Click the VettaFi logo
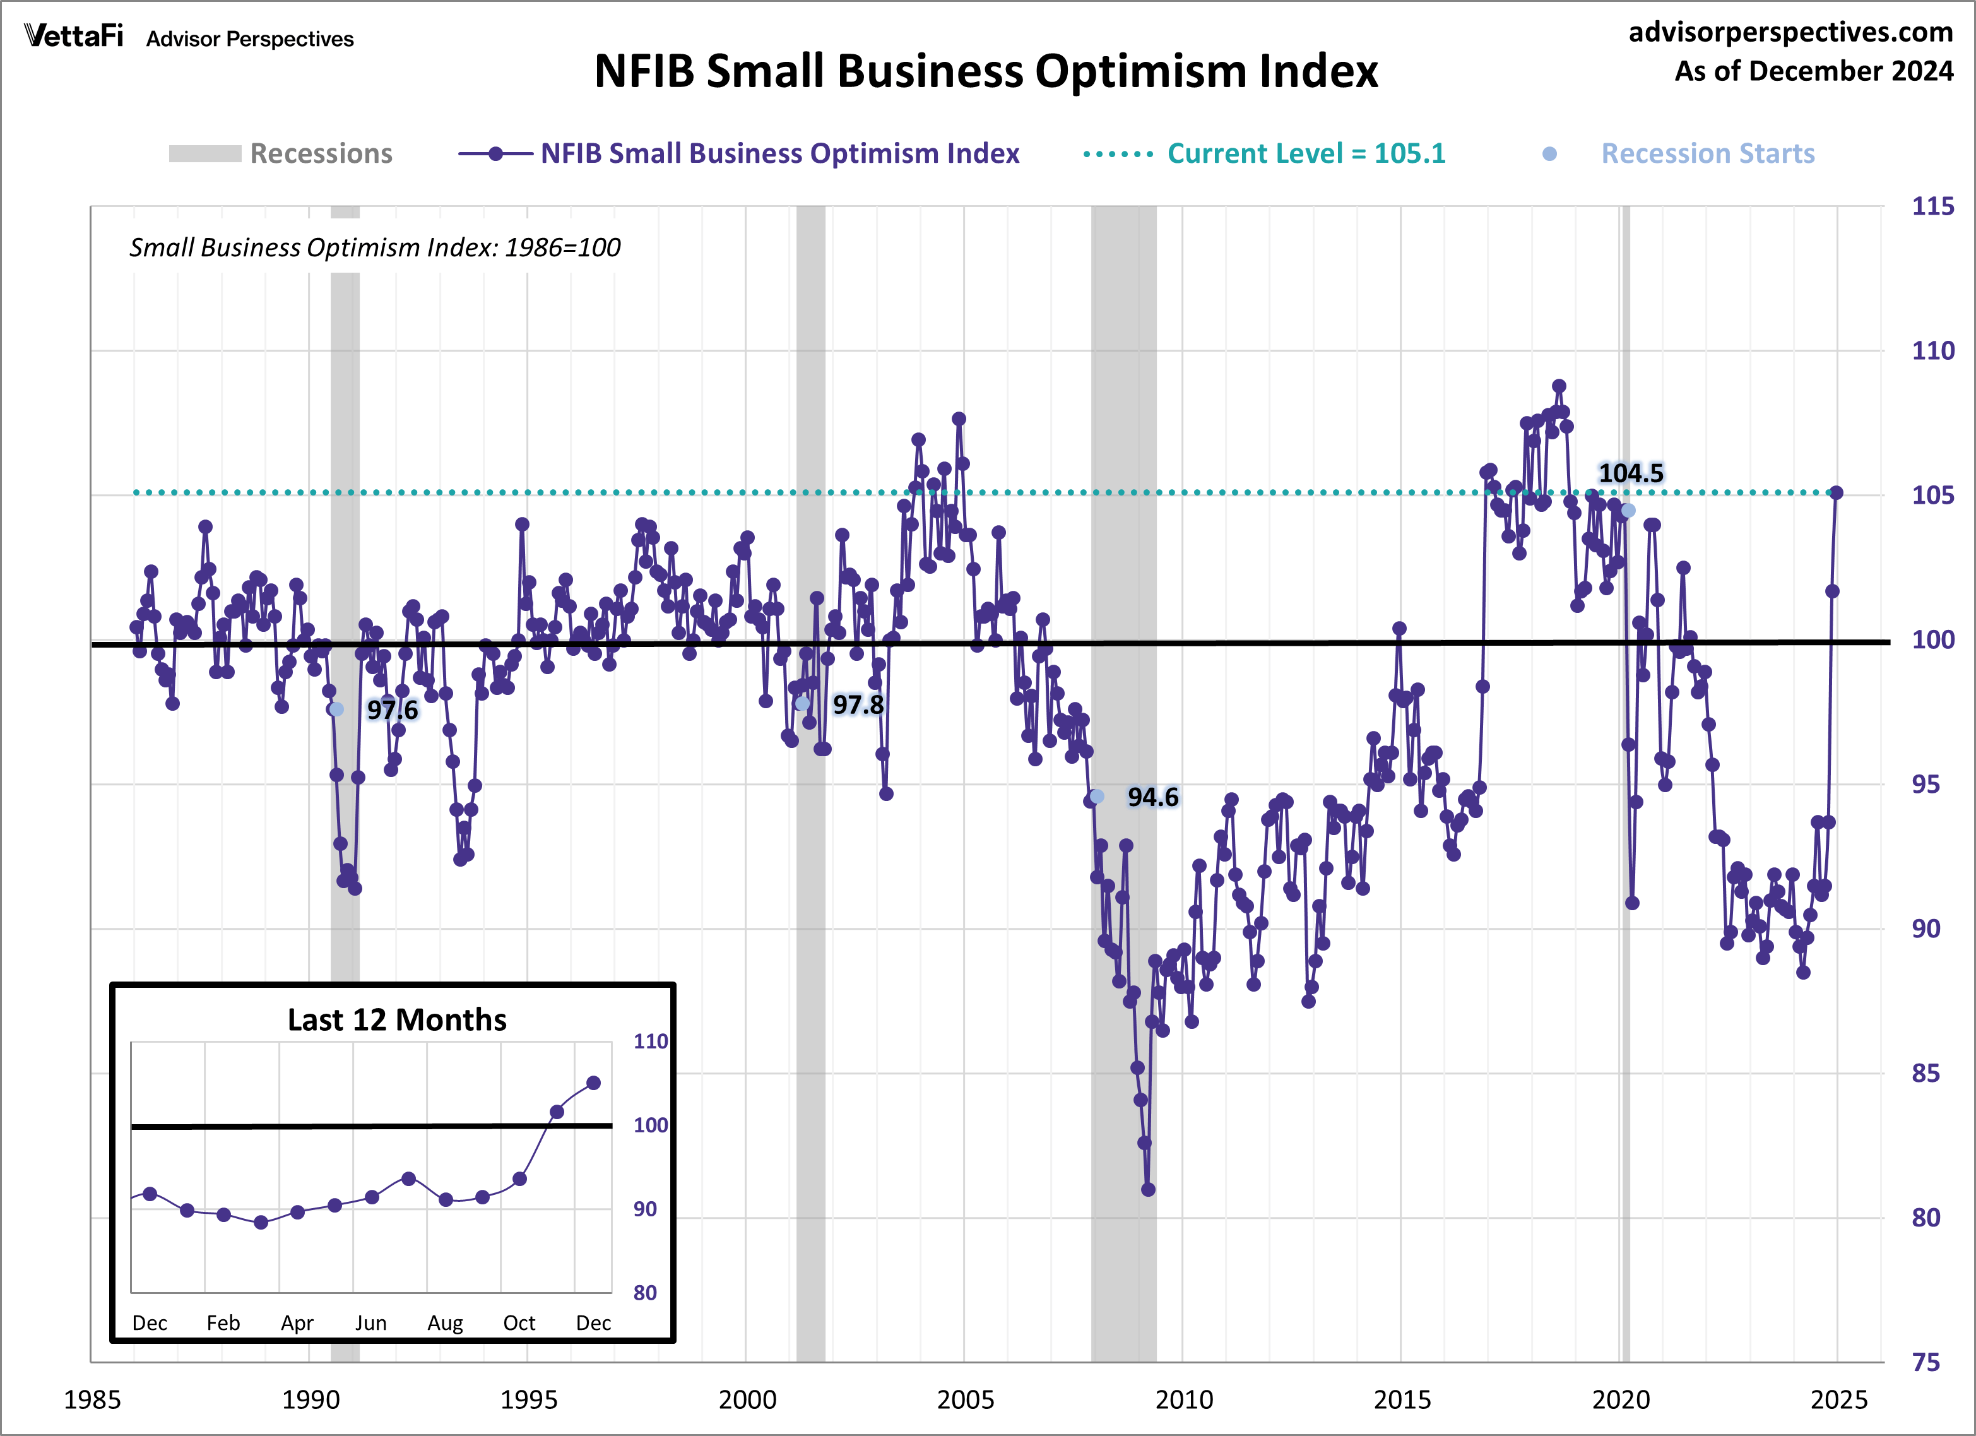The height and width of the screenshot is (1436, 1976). [74, 36]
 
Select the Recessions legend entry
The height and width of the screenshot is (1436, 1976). [281, 153]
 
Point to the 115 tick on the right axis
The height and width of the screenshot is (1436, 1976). [1932, 206]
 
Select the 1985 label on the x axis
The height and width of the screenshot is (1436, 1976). [92, 1399]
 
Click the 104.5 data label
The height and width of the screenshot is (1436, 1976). [1630, 473]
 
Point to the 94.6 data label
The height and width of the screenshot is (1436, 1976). [1152, 797]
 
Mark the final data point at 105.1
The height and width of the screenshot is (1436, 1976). [1836, 493]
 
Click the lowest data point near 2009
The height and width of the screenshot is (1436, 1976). [1149, 1189]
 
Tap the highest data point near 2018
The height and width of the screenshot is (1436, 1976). [1559, 386]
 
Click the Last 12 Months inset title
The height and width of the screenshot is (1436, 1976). [396, 1019]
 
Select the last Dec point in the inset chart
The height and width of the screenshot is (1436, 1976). [593, 1083]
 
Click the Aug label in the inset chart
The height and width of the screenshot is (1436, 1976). [444, 1323]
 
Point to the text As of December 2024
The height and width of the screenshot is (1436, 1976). [1813, 71]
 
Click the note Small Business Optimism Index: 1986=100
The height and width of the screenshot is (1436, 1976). [375, 247]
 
